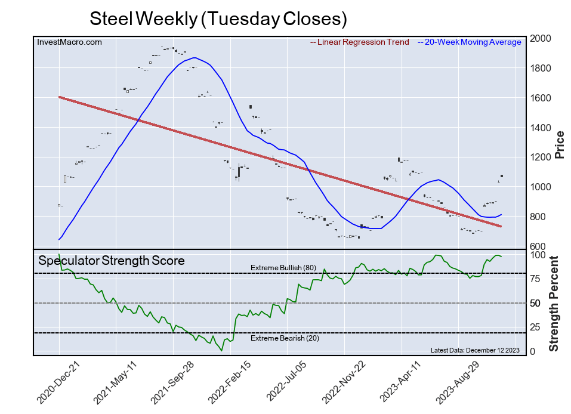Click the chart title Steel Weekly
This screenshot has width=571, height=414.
coord(218,19)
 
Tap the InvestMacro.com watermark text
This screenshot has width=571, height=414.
coord(69,42)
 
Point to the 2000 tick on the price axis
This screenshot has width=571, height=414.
coord(543,39)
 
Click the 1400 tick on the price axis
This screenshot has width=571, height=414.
coord(543,128)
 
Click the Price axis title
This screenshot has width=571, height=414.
coord(560,146)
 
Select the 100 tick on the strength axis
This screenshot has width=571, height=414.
coord(539,255)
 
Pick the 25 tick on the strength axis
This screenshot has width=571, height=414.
coord(537,327)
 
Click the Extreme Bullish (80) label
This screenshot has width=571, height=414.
coord(283,268)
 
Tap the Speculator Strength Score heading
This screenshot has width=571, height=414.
coord(112,261)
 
